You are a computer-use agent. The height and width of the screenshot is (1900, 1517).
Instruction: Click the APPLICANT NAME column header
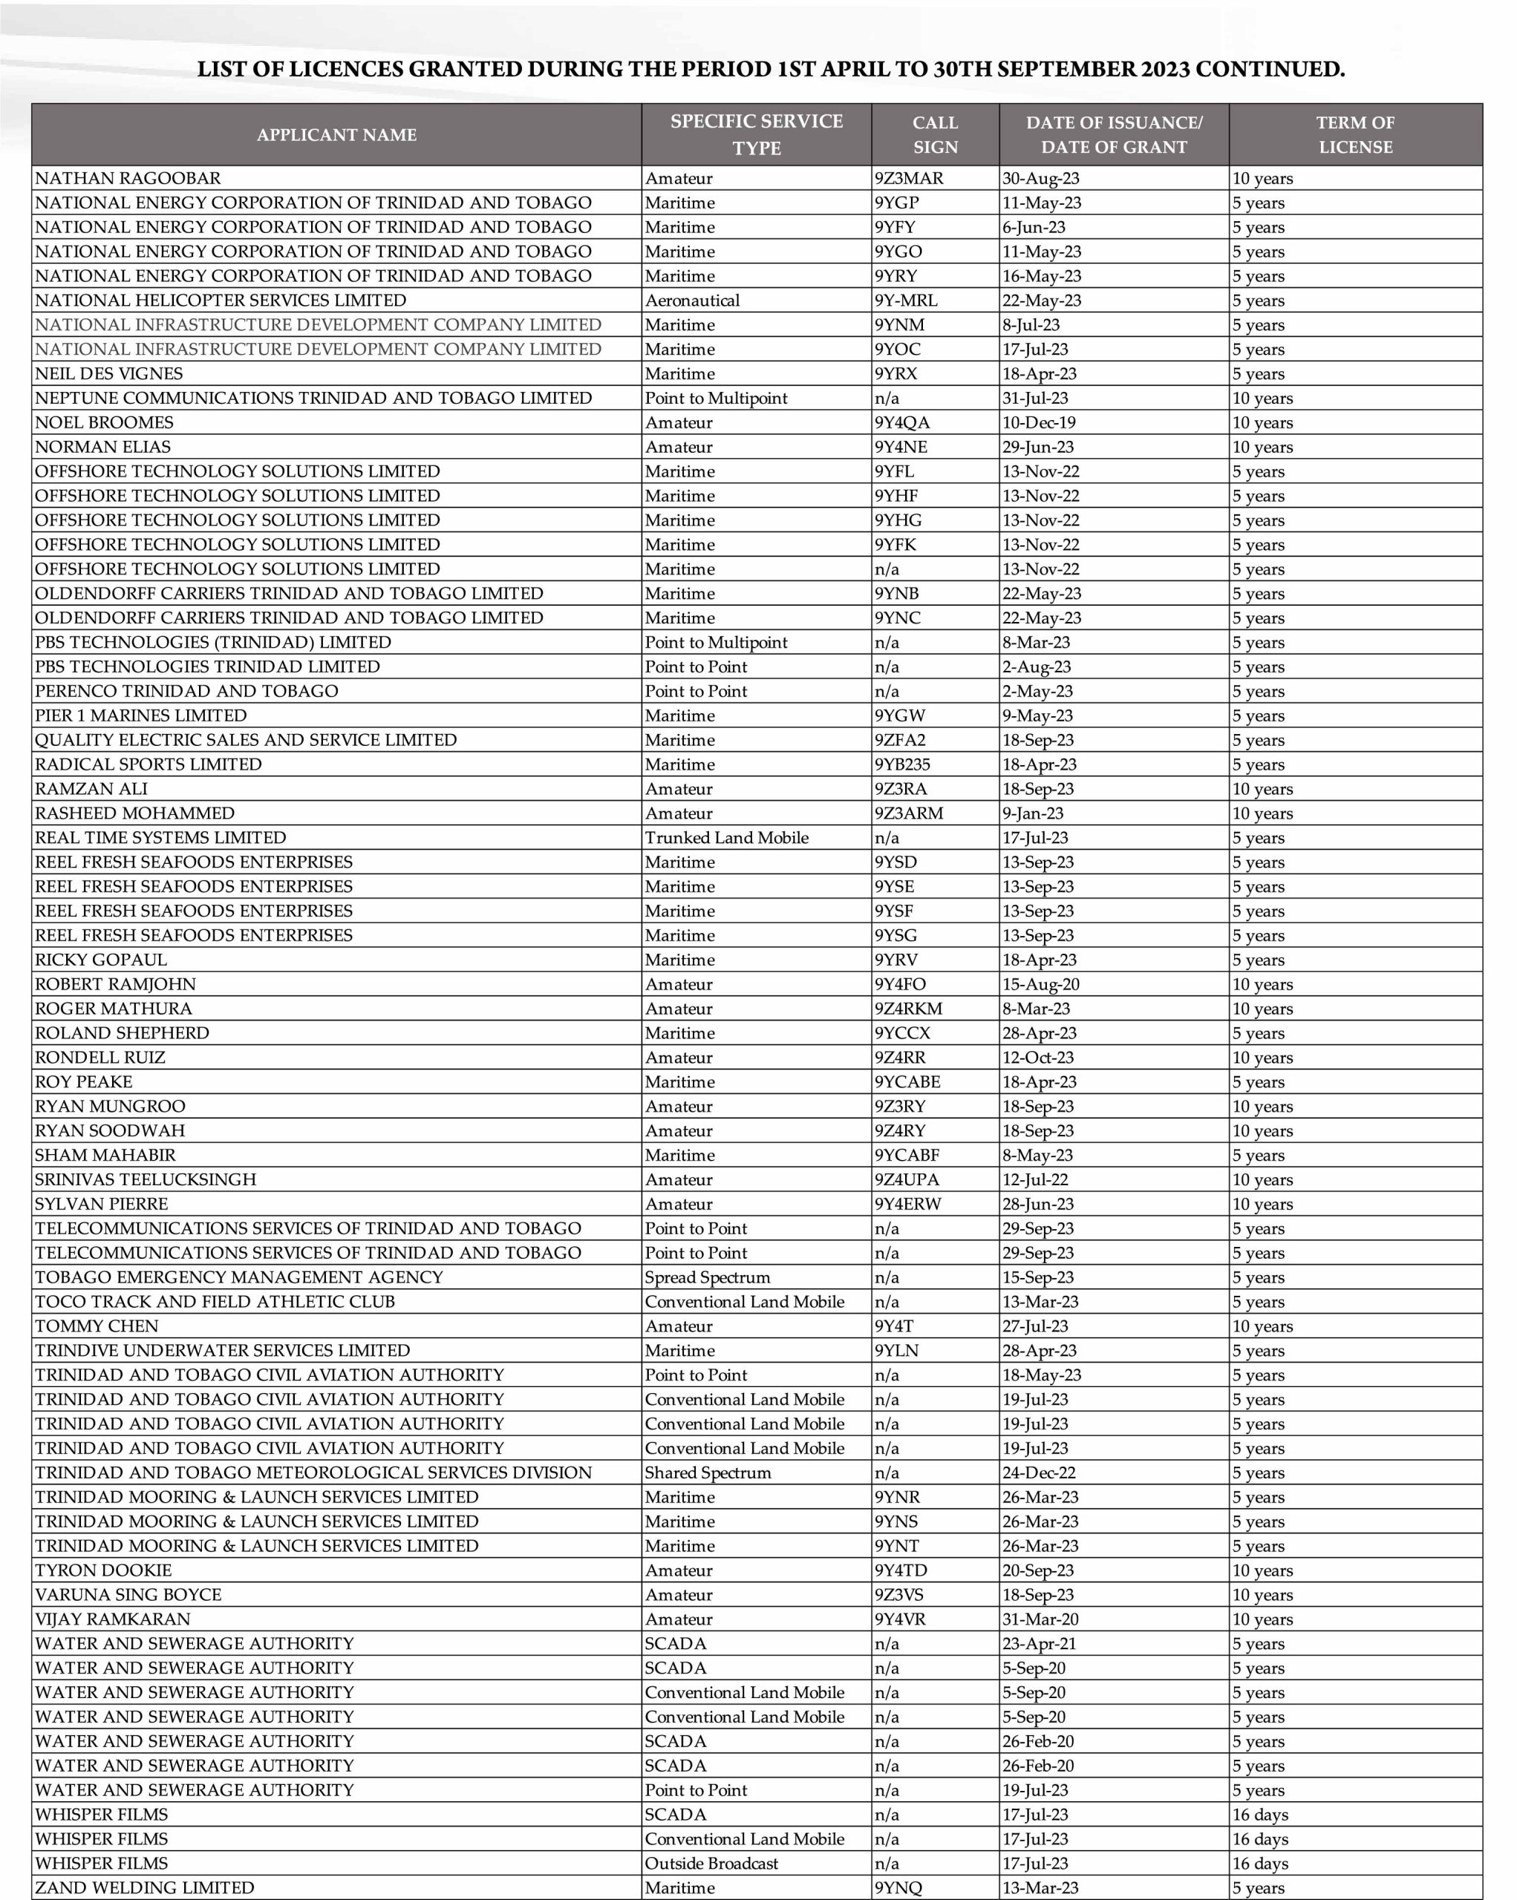click(x=336, y=135)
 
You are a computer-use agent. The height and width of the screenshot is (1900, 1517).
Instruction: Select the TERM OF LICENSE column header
click(x=1355, y=135)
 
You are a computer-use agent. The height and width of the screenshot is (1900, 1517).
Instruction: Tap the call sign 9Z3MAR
click(x=909, y=178)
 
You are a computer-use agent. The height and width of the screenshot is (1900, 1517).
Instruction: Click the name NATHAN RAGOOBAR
click(x=128, y=178)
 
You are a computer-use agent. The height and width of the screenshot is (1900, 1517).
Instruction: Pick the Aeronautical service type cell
click(x=692, y=301)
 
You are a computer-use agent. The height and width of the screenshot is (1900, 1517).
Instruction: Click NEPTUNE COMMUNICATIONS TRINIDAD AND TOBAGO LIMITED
click(x=313, y=399)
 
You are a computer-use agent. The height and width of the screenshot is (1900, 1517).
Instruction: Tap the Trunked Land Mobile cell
click(x=726, y=838)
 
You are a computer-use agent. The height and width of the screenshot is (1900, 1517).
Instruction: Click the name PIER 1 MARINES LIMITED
click(x=141, y=715)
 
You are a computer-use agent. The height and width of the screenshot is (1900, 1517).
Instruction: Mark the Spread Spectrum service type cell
click(x=707, y=1278)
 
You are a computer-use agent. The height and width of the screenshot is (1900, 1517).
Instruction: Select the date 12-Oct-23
click(x=1038, y=1058)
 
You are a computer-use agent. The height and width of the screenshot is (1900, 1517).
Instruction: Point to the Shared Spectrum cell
click(x=708, y=1472)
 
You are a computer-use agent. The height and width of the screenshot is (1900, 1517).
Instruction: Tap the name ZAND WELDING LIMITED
click(x=145, y=1887)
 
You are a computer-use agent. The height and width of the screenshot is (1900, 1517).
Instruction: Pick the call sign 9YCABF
click(x=907, y=1156)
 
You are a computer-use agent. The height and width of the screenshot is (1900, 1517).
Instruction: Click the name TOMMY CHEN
click(x=97, y=1326)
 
